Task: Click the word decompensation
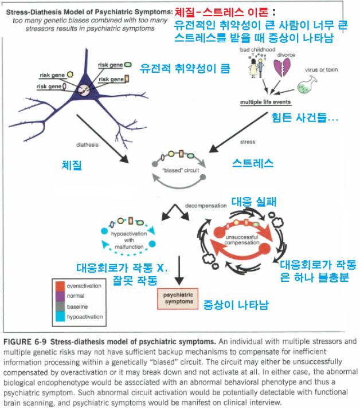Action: pos(198,204)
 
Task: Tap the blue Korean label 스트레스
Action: pos(253,164)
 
